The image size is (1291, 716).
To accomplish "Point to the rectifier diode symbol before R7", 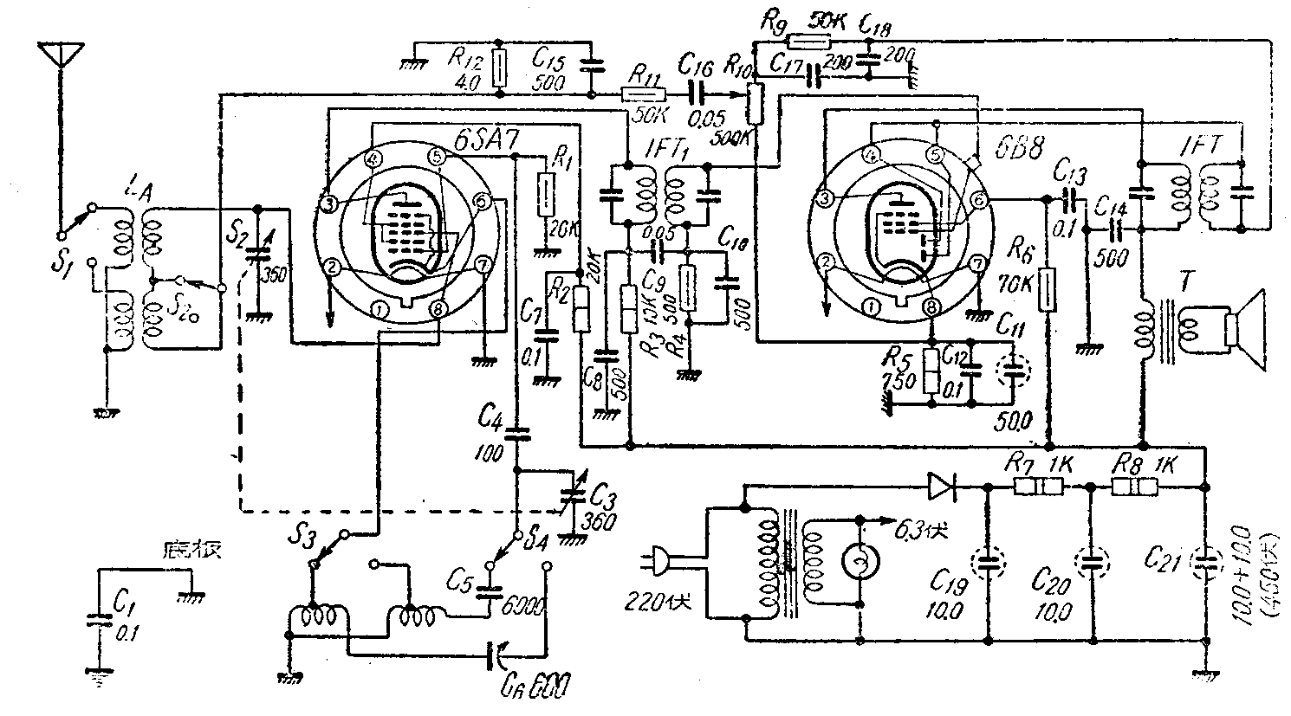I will pos(941,487).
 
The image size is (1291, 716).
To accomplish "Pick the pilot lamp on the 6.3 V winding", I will pos(860,564).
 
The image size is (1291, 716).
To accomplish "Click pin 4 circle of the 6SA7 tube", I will pos(373,159).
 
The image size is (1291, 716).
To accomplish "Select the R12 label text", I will pos(464,59).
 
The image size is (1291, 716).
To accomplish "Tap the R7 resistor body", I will pos(1038,487).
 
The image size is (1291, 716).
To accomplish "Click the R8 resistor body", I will pos(1134,487).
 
